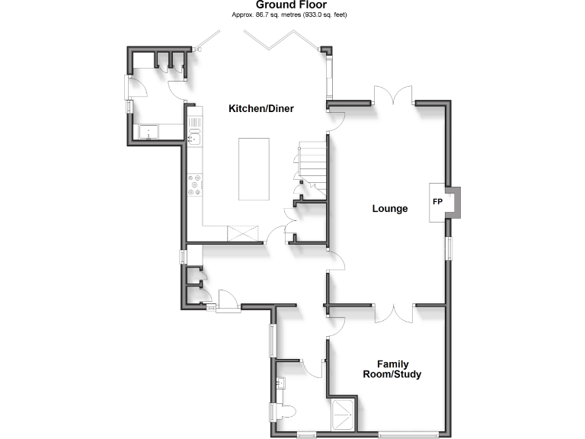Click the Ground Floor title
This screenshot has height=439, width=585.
292,5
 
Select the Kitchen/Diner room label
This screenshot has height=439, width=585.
261,109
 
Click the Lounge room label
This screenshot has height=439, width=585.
390,209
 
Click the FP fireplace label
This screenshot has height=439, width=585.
437,202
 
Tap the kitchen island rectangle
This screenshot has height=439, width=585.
254,168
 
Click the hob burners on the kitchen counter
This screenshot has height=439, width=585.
195,184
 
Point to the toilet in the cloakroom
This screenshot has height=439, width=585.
286,412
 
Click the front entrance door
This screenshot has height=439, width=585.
227,302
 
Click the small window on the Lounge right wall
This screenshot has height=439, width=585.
449,248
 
